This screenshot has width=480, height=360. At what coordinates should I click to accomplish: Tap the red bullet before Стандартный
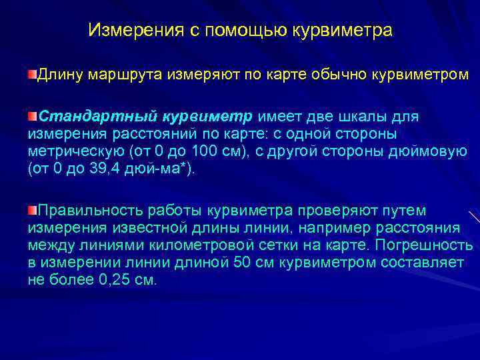(32, 116)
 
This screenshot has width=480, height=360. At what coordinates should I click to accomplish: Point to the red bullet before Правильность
(32, 211)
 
